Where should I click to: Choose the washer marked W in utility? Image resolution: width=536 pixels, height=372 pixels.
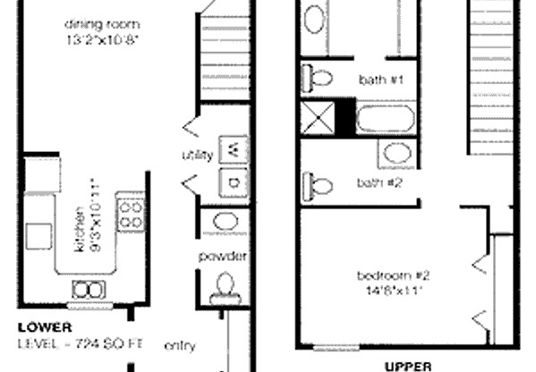click(x=233, y=148)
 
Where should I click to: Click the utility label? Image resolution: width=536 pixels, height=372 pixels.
click(x=197, y=156)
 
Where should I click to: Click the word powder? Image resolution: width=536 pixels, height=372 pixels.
click(x=222, y=258)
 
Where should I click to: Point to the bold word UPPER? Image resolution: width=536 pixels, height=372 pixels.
click(x=408, y=365)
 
